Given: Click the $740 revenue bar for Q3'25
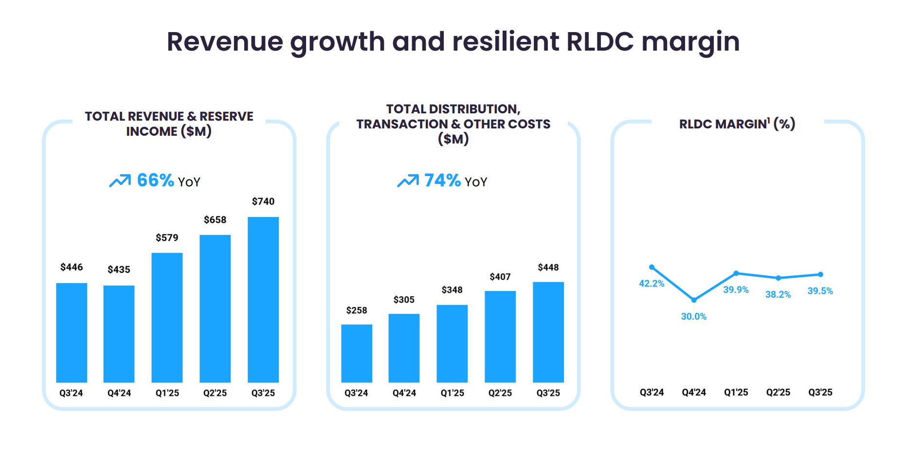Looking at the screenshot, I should point(263,299).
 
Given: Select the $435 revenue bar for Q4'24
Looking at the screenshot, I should point(119,334).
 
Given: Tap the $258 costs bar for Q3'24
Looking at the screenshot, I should point(356,353).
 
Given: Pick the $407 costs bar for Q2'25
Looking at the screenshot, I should point(500,337).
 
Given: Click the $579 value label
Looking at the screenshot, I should point(167,238).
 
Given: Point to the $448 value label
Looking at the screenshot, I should point(548,268).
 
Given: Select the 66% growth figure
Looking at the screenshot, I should point(155,180).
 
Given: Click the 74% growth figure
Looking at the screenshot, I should point(442,180).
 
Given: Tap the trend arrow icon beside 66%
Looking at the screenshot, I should point(120,181).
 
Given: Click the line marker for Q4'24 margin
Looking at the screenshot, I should point(694,300).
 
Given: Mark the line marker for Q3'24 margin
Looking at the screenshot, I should point(652,267).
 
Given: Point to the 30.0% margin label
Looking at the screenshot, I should point(693,317).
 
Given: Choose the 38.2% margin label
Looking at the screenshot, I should point(777,295).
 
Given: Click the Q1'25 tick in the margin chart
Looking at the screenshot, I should point(736,393).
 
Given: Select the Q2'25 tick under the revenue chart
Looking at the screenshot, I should point(215,393).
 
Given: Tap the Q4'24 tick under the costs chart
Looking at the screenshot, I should point(404,393).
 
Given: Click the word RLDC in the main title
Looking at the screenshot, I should point(600,41).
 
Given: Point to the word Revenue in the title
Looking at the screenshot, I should point(224,41).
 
